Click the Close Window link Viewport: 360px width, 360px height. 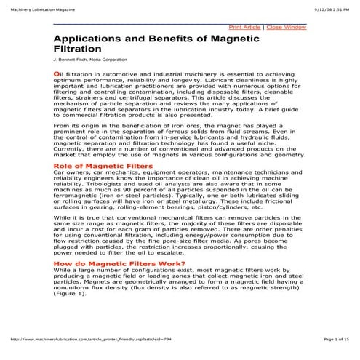click(x=286, y=27)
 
